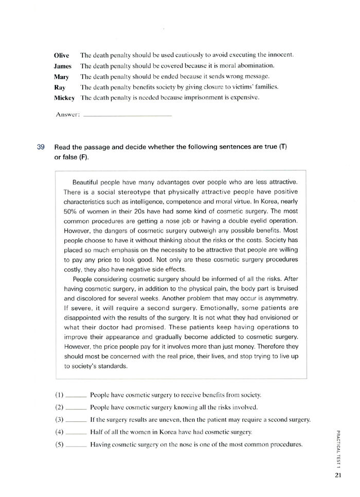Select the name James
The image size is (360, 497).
63,66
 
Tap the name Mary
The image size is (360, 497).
61,77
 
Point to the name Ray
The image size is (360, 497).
60,87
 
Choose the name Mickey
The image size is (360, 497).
64,98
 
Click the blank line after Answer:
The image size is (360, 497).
127,115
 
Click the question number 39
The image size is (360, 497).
42,147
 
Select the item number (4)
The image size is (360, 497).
59,432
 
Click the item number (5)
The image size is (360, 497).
59,444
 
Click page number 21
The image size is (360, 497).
337,475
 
